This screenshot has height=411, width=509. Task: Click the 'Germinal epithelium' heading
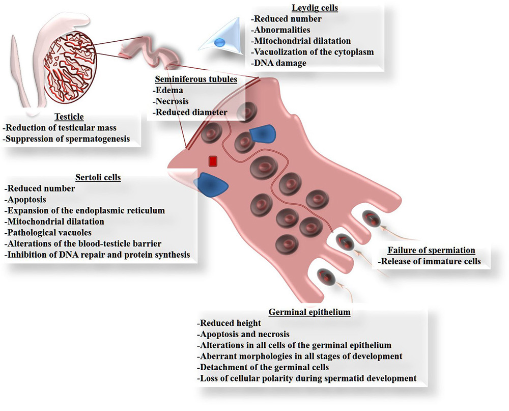(x=309, y=312)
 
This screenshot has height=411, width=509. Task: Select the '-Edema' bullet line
(x=165, y=90)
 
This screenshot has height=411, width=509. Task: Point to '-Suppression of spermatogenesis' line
(x=67, y=138)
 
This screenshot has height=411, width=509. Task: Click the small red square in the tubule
(x=213, y=161)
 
